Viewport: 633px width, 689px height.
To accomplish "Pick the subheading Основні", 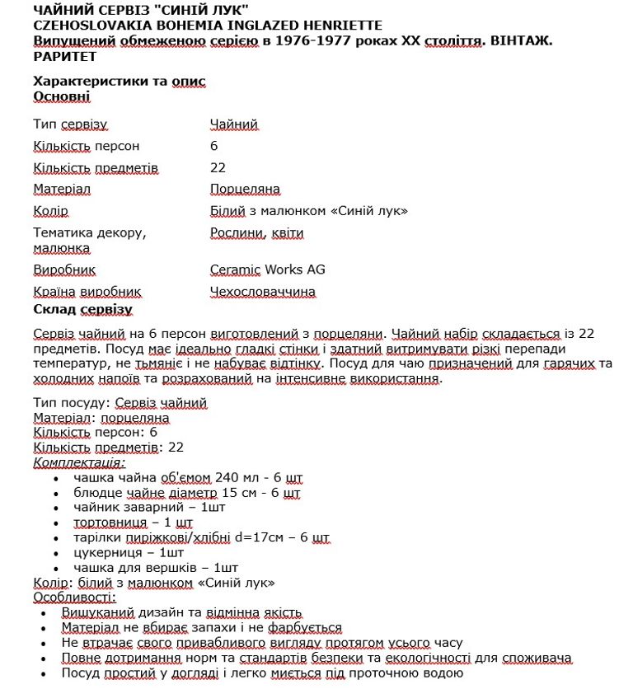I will pos(62,96).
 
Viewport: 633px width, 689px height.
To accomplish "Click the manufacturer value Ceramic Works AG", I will pos(267,270).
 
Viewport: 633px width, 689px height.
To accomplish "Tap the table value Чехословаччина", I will pos(262,292).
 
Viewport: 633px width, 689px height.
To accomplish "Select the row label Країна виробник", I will pos(87,292).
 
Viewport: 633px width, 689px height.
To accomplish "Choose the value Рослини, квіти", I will pos(256,233).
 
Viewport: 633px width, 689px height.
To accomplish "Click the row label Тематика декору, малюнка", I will pos(89,240).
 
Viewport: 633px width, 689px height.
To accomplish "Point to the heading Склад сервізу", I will pos(82,310).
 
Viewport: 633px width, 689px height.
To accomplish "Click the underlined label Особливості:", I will pos(75,598).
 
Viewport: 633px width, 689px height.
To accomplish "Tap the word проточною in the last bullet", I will pos(380,673).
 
